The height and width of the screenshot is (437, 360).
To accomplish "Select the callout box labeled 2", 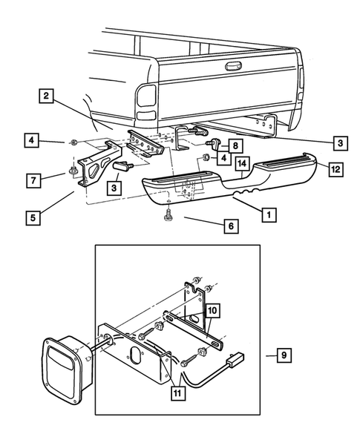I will (x=46, y=96).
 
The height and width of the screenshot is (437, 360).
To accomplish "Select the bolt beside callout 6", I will (x=167, y=214).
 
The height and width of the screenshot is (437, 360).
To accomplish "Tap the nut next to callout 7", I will (x=74, y=172).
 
